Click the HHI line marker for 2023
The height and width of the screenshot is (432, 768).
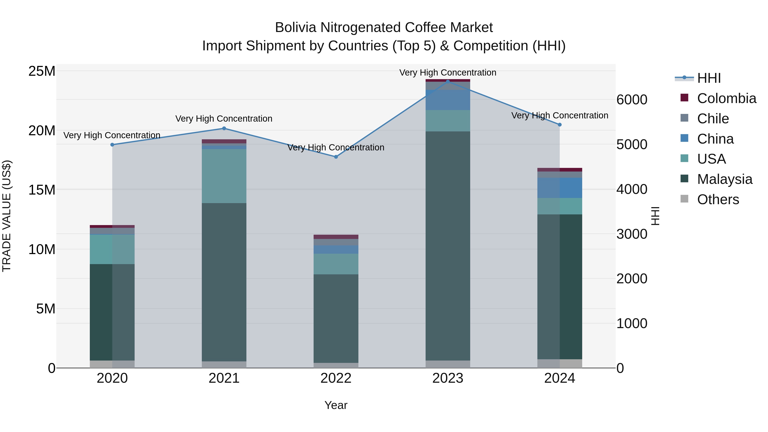pyautogui.click(x=448, y=81)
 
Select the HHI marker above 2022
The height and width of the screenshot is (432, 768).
pyautogui.click(x=336, y=157)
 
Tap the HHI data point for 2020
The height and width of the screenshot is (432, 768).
pyautogui.click(x=112, y=145)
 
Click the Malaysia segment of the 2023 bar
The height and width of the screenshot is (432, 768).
pyautogui.click(x=448, y=246)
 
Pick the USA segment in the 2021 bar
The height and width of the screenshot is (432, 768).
pyautogui.click(x=224, y=176)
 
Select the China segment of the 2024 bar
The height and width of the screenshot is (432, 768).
pyautogui.click(x=559, y=188)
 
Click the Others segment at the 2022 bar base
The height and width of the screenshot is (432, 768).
pyautogui.click(x=336, y=365)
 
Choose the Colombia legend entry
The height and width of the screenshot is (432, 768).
pyautogui.click(x=726, y=98)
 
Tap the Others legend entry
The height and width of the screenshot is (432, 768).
pyautogui.click(x=718, y=199)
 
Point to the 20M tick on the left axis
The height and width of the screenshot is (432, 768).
pyautogui.click(x=42, y=131)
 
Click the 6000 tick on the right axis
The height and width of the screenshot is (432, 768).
pyautogui.click(x=631, y=100)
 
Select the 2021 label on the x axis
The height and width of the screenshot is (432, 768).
pyautogui.click(x=224, y=378)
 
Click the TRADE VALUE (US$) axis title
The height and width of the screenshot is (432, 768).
pyautogui.click(x=7, y=216)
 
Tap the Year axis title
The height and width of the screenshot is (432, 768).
pyautogui.click(x=336, y=405)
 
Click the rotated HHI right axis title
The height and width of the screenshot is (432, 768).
pyautogui.click(x=655, y=216)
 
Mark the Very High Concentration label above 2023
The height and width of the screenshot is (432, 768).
pyautogui.click(x=448, y=73)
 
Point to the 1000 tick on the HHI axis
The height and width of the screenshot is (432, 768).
pyautogui.click(x=631, y=323)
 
